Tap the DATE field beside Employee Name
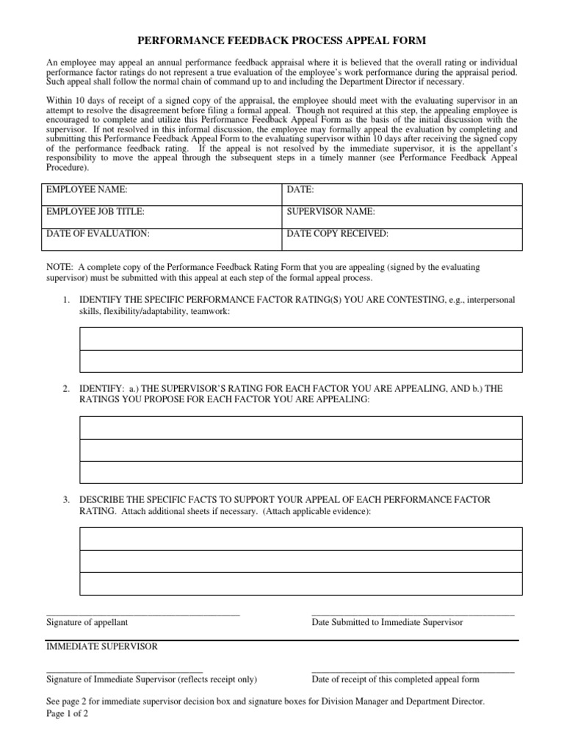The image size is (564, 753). [402, 194]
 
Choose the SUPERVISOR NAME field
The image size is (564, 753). [402, 216]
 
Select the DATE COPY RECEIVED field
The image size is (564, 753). [402, 238]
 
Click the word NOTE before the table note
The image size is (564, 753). [59, 268]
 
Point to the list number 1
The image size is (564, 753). [65, 300]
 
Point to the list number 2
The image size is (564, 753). [65, 388]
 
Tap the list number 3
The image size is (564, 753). [65, 500]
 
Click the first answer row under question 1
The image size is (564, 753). [300, 338]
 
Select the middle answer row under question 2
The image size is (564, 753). [300, 450]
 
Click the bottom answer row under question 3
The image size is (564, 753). [300, 583]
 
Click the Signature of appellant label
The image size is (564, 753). [87, 622]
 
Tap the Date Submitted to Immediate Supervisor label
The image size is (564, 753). [387, 622]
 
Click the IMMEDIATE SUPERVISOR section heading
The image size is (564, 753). [101, 646]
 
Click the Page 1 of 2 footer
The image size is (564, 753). [67, 714]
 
